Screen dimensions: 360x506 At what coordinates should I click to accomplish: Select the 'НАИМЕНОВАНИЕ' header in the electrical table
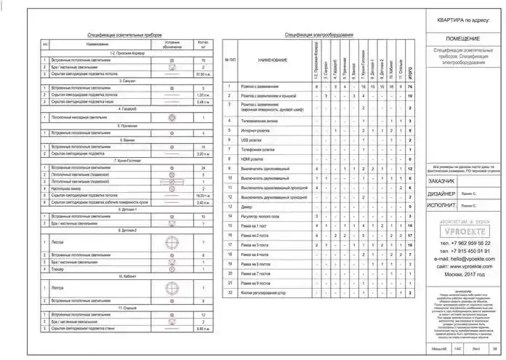tap(273, 60)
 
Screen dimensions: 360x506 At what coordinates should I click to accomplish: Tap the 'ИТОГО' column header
tap(411, 71)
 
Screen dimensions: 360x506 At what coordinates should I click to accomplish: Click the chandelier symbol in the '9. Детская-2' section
tap(172, 242)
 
